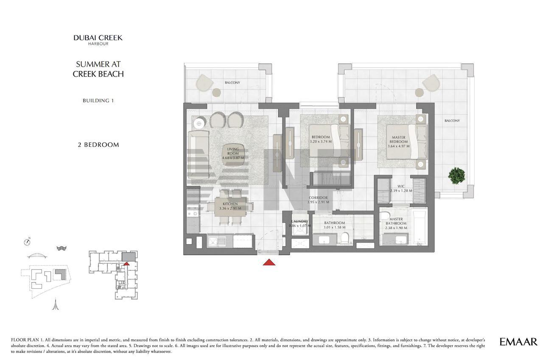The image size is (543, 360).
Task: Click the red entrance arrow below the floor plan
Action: click(269, 262)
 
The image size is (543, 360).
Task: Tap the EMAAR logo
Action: click(518, 342)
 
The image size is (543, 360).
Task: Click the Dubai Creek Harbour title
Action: click(98, 40)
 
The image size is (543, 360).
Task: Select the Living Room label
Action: click(233, 151)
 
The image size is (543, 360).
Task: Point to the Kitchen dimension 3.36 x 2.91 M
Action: click(230, 208)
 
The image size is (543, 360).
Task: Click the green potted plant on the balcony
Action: click(457, 176)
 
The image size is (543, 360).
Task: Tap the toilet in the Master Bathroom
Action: click(384, 216)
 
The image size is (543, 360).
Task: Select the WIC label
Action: click(401, 186)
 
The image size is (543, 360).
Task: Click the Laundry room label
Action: click(299, 221)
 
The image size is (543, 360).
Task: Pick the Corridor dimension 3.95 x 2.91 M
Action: click(318, 202)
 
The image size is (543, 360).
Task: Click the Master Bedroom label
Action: click(398, 140)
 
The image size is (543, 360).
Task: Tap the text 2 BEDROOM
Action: click(98, 145)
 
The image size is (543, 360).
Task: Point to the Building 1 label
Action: click(98, 101)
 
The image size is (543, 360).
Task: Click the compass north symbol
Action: click(27, 242)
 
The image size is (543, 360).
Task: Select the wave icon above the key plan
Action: click(62, 248)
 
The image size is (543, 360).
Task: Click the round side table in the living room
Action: click(199, 124)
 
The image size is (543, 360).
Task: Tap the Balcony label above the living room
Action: click(232, 83)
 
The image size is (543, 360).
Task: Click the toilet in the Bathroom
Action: click(344, 238)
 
